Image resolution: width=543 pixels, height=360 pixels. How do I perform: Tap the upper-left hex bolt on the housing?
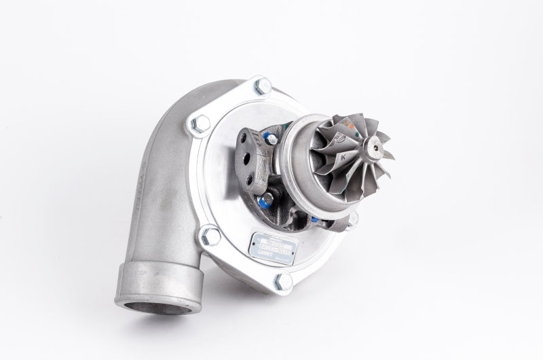click(x=200, y=124)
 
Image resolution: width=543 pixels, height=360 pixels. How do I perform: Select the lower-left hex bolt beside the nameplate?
click(x=210, y=235)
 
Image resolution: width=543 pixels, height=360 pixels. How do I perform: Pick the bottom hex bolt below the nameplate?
click(x=283, y=281)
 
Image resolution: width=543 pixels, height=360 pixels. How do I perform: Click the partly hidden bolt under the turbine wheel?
click(x=352, y=218)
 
